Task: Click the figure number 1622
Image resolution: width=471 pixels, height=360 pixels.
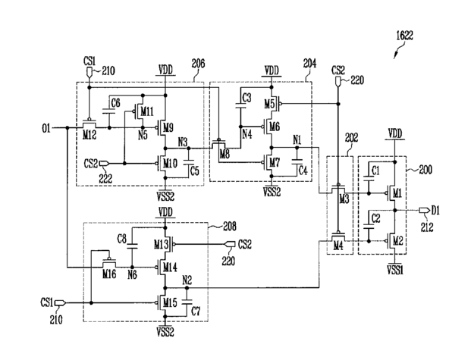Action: point(404,36)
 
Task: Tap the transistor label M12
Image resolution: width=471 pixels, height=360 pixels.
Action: point(89,136)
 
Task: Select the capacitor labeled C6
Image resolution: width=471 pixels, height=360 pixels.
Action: point(108,111)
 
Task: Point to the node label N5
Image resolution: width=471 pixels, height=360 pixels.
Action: point(143,136)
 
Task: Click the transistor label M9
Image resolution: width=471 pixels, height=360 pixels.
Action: point(168,129)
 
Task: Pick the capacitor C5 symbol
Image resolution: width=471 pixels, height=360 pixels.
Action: point(188,163)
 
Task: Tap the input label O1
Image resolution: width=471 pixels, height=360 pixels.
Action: point(46,129)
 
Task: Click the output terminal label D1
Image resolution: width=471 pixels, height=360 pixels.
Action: point(435,211)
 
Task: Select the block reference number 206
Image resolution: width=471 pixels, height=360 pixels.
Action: point(198,64)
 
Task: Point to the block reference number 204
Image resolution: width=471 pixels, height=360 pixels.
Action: point(309,64)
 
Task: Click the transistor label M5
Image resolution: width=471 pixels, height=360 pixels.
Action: point(269,104)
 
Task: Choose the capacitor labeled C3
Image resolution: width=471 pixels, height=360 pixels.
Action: point(240,105)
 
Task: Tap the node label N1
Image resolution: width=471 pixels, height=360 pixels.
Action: point(297,139)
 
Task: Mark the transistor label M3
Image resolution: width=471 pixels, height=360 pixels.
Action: point(344,199)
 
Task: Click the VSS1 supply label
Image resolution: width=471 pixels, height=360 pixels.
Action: point(395,271)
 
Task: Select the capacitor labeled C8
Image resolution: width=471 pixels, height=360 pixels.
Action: point(132,246)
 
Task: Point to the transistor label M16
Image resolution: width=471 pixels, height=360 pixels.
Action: point(109,274)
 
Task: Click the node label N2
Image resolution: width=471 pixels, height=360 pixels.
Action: point(187,280)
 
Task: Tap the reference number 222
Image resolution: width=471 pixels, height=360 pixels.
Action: point(105,178)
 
